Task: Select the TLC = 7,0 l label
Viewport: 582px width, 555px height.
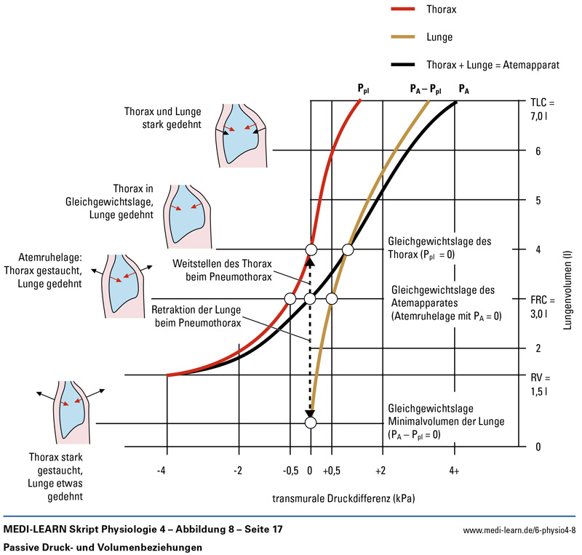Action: tap(543, 108)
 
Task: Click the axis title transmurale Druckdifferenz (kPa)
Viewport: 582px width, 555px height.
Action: tap(343, 500)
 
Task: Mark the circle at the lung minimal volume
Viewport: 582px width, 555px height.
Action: tap(311, 423)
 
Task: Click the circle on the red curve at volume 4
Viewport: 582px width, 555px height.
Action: tap(311, 250)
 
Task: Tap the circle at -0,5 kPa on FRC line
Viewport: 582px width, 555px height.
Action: tap(290, 299)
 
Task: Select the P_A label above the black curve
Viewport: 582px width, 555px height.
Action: tap(464, 89)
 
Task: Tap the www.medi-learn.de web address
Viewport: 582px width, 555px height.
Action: tap(519, 530)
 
